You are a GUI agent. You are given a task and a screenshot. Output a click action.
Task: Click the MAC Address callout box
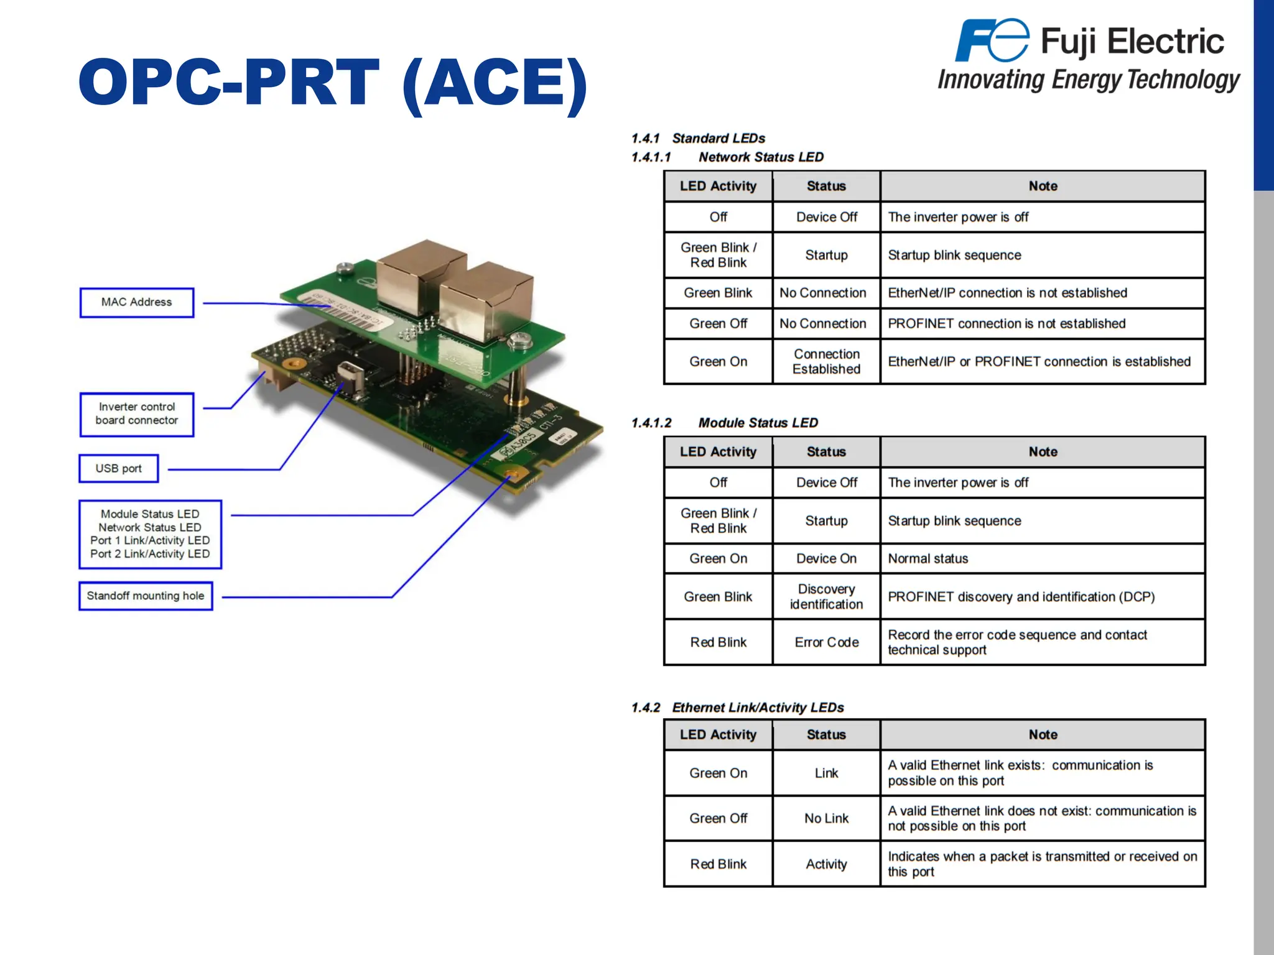pyautogui.click(x=137, y=302)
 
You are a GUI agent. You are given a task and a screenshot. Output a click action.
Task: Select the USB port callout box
pyautogui.click(x=118, y=468)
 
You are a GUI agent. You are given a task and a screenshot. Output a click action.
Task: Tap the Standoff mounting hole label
pyautogui.click(x=146, y=596)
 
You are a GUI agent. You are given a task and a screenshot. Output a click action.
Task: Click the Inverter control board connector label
pyautogui.click(x=137, y=413)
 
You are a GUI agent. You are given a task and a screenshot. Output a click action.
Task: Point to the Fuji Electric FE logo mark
pyautogui.click(x=992, y=40)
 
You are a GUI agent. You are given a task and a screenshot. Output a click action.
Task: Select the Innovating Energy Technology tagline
pyautogui.click(x=1089, y=80)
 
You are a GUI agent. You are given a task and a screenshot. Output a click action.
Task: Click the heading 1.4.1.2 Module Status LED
pyautogui.click(x=725, y=423)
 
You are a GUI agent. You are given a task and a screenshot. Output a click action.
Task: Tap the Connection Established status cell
pyautogui.click(x=826, y=361)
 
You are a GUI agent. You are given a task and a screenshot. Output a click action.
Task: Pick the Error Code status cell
pyautogui.click(x=826, y=642)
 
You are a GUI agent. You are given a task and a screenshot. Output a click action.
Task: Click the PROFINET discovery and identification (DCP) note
pyautogui.click(x=1021, y=597)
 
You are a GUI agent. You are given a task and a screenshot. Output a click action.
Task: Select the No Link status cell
pyautogui.click(x=826, y=818)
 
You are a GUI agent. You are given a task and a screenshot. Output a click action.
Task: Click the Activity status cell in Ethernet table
pyautogui.click(x=826, y=864)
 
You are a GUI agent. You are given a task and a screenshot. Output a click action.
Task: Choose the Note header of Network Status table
pyautogui.click(x=1043, y=186)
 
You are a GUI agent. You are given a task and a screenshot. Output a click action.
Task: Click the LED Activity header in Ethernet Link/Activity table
pyautogui.click(x=718, y=734)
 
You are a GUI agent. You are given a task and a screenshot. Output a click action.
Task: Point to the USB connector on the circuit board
pyautogui.click(x=352, y=379)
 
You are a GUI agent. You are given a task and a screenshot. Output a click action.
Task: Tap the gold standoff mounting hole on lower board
pyautogui.click(x=513, y=476)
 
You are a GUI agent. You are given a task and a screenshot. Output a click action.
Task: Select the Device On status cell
pyautogui.click(x=826, y=558)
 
